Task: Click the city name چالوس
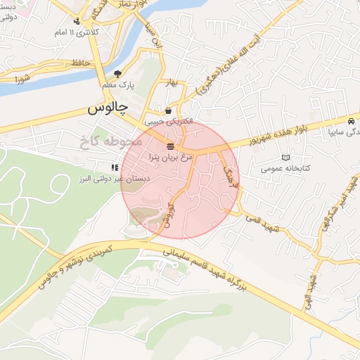click(x=108, y=108)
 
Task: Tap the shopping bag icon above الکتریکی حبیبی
click(x=168, y=111)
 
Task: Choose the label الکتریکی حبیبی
click(x=168, y=122)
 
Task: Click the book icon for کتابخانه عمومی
click(x=285, y=157)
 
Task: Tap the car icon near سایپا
click(x=351, y=121)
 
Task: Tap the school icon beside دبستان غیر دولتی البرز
click(x=113, y=167)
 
